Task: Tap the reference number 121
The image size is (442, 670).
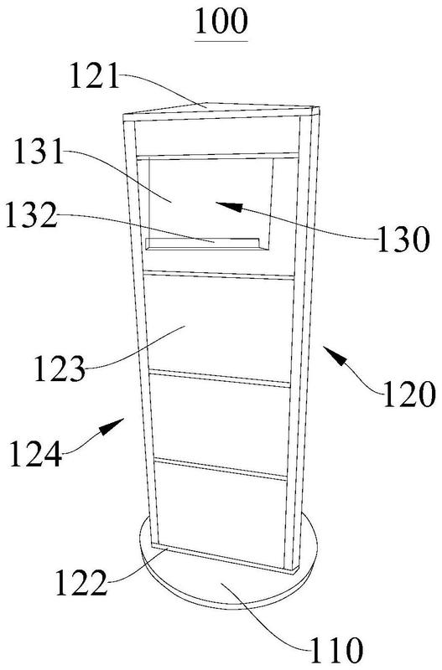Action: click(x=95, y=75)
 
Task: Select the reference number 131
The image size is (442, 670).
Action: click(x=39, y=152)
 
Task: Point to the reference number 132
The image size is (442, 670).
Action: click(x=31, y=215)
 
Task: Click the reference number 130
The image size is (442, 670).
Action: click(x=403, y=239)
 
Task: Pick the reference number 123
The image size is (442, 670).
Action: click(x=60, y=368)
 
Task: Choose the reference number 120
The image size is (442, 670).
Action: click(x=409, y=394)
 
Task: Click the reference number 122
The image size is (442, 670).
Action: click(x=81, y=583)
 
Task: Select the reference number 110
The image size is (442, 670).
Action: click(x=336, y=650)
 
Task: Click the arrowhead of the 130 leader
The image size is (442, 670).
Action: click(x=228, y=206)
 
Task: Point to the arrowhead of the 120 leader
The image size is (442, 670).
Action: click(x=334, y=355)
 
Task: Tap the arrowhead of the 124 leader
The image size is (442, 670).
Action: click(x=112, y=426)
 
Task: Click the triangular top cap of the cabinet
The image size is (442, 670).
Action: click(x=221, y=110)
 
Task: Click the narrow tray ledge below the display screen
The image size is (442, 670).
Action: click(x=203, y=243)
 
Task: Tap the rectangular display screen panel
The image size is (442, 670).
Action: click(x=211, y=198)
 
